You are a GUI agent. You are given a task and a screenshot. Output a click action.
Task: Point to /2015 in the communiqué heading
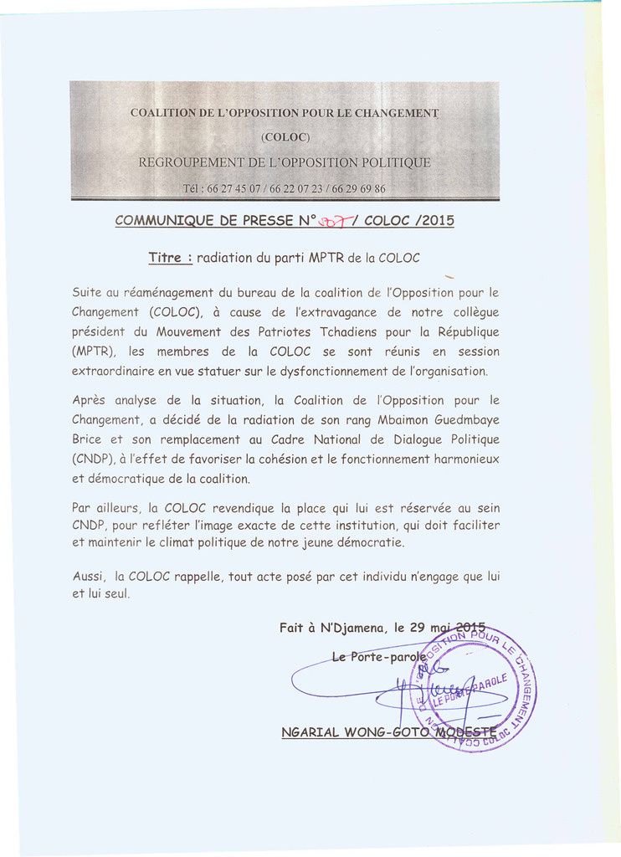[x=434, y=221]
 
